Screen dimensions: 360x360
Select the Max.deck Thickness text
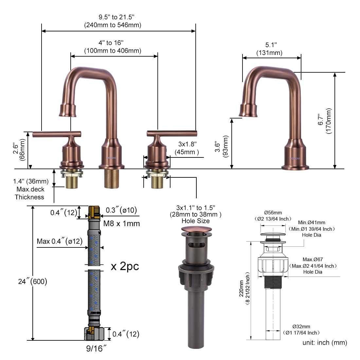[29, 193]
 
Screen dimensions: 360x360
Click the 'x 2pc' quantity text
[125, 266]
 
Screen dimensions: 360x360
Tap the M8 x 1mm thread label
[121, 224]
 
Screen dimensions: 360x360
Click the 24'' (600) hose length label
[33, 281]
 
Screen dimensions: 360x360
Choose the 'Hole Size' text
[195, 221]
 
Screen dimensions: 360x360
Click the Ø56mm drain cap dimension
[273, 213]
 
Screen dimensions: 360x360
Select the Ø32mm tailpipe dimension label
[301, 327]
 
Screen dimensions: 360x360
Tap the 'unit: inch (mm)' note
[325, 343]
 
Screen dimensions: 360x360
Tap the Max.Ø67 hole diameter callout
[313, 260]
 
